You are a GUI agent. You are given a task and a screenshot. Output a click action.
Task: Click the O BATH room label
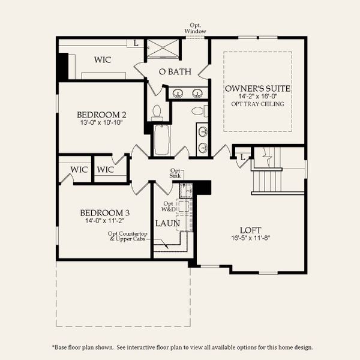click(x=175, y=72)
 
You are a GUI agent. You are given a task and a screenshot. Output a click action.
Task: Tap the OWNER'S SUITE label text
click(x=258, y=88)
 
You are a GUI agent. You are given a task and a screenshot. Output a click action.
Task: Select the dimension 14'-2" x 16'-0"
click(x=258, y=96)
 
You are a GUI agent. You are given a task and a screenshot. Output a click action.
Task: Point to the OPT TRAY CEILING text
click(x=258, y=104)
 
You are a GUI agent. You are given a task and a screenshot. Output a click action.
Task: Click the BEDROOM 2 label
click(x=101, y=115)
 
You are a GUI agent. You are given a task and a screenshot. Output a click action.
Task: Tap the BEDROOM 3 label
click(x=105, y=212)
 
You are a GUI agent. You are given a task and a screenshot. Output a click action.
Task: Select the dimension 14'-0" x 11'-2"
click(x=105, y=221)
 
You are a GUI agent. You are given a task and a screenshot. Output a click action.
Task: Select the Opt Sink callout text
click(x=175, y=173)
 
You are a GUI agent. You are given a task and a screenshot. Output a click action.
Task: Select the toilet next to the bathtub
click(x=158, y=112)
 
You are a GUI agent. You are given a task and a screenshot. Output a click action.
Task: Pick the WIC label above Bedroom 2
click(x=102, y=60)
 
